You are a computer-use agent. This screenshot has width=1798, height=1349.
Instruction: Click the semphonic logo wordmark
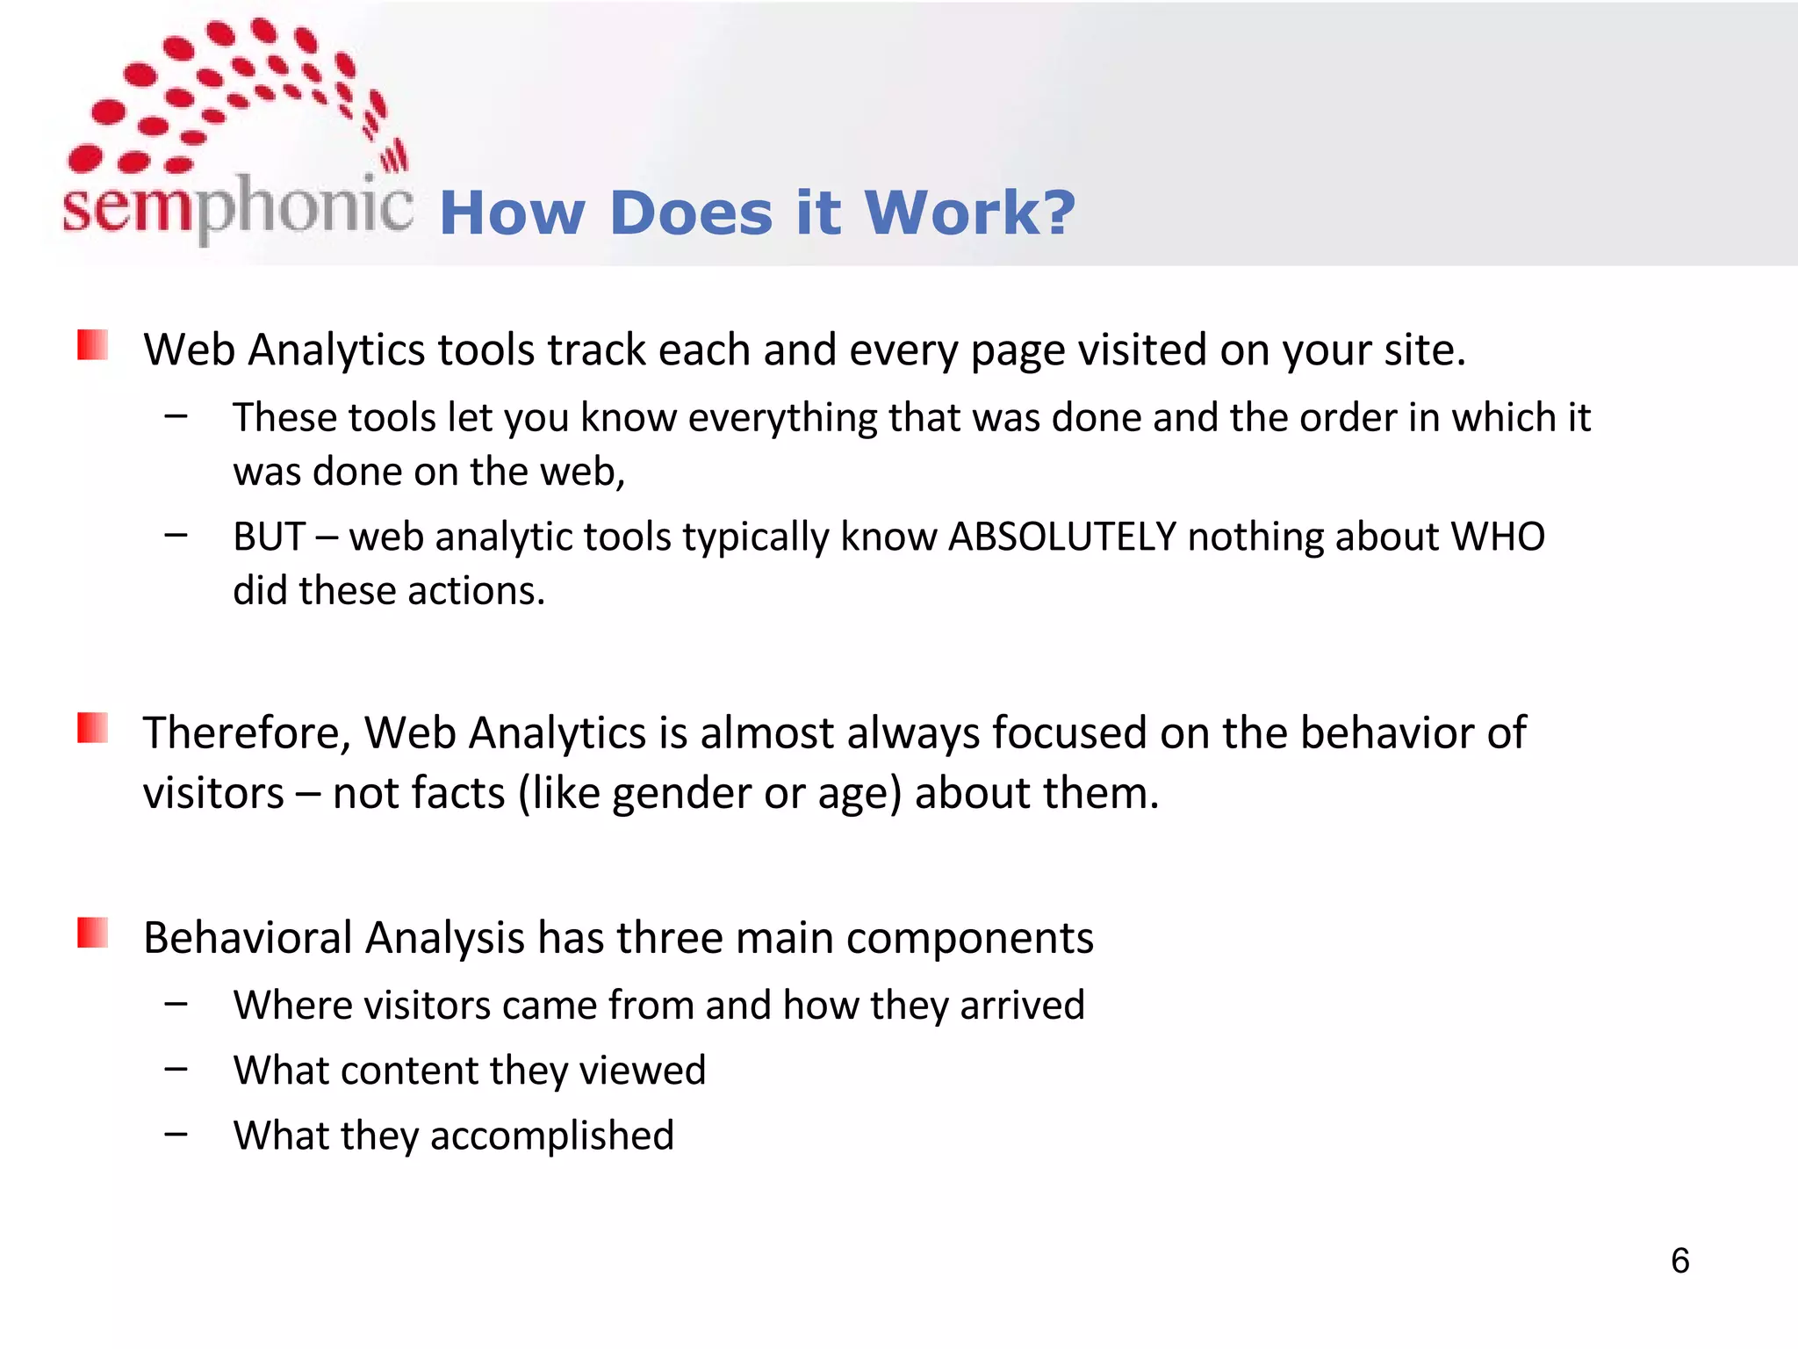click(x=237, y=207)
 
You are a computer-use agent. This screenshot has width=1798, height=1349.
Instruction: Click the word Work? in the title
click(x=969, y=213)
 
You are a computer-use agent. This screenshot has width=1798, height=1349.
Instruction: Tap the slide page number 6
click(x=1679, y=1261)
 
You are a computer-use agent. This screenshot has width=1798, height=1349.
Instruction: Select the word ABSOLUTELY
click(x=1062, y=537)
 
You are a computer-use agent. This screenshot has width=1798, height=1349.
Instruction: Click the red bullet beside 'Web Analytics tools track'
click(x=92, y=345)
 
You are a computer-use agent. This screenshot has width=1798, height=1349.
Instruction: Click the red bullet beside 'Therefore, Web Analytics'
click(x=92, y=728)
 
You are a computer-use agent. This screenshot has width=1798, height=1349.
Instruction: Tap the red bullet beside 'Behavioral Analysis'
click(x=92, y=933)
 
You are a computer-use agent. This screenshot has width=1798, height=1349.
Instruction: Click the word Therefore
click(x=247, y=732)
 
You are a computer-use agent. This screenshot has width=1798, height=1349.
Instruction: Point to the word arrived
click(x=1022, y=1005)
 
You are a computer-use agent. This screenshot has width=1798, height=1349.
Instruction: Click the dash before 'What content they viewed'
click(x=176, y=1069)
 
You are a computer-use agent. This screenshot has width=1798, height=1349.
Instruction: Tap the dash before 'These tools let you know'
click(x=176, y=415)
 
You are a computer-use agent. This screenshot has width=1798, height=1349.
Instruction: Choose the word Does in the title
click(x=691, y=213)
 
